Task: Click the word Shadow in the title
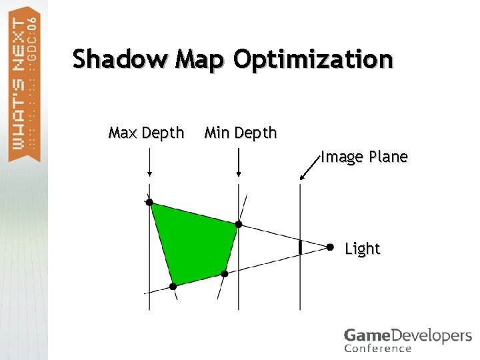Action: pyautogui.click(x=120, y=60)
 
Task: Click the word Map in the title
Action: pyautogui.click(x=201, y=60)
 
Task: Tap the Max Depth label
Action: pyautogui.click(x=146, y=133)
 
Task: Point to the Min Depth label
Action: pyautogui.click(x=240, y=133)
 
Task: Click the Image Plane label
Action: pyautogui.click(x=364, y=157)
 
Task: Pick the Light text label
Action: pyautogui.click(x=362, y=249)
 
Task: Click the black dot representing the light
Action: pyautogui.click(x=330, y=247)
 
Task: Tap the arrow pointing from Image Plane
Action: pyautogui.click(x=310, y=169)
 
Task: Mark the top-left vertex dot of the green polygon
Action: pyautogui.click(x=149, y=202)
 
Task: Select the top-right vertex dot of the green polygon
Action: pyautogui.click(x=239, y=225)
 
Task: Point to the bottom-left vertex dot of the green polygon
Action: pyautogui.click(x=173, y=286)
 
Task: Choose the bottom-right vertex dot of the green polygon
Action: pyautogui.click(x=225, y=273)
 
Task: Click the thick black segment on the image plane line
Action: pyautogui.click(x=300, y=247)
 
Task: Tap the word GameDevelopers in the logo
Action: pyautogui.click(x=407, y=336)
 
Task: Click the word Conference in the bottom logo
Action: pyautogui.click(x=378, y=348)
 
